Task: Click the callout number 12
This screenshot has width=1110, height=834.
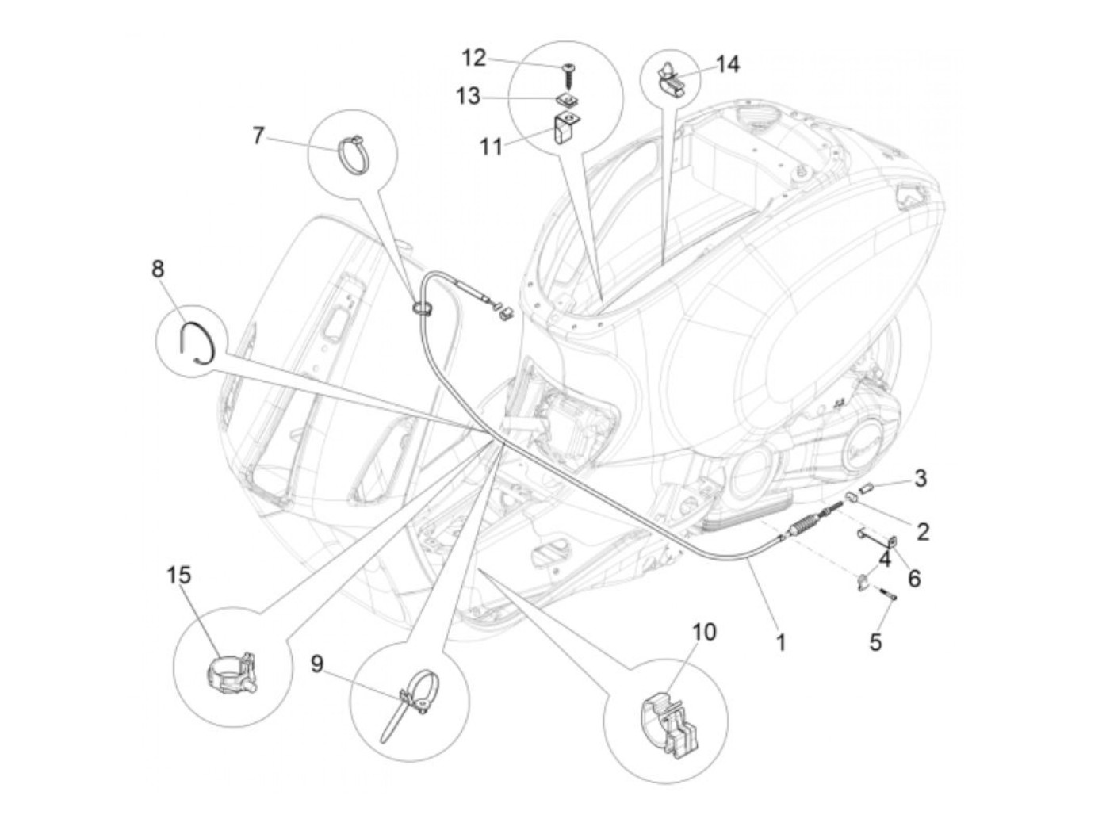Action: [x=473, y=58]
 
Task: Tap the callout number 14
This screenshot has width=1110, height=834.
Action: [x=727, y=64]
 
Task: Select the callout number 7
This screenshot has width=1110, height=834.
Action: [x=258, y=136]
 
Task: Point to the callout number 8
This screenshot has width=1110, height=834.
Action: [x=159, y=269]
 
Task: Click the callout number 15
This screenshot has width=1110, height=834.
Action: [x=179, y=575]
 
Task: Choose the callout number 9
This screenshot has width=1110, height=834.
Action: [x=317, y=664]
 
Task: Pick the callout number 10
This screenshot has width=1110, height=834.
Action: [x=703, y=632]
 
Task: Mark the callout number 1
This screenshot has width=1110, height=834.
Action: [x=780, y=641]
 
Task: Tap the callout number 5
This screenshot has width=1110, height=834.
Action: [x=875, y=641]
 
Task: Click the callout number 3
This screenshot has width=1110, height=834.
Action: [x=920, y=478]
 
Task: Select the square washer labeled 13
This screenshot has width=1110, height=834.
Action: [x=565, y=98]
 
